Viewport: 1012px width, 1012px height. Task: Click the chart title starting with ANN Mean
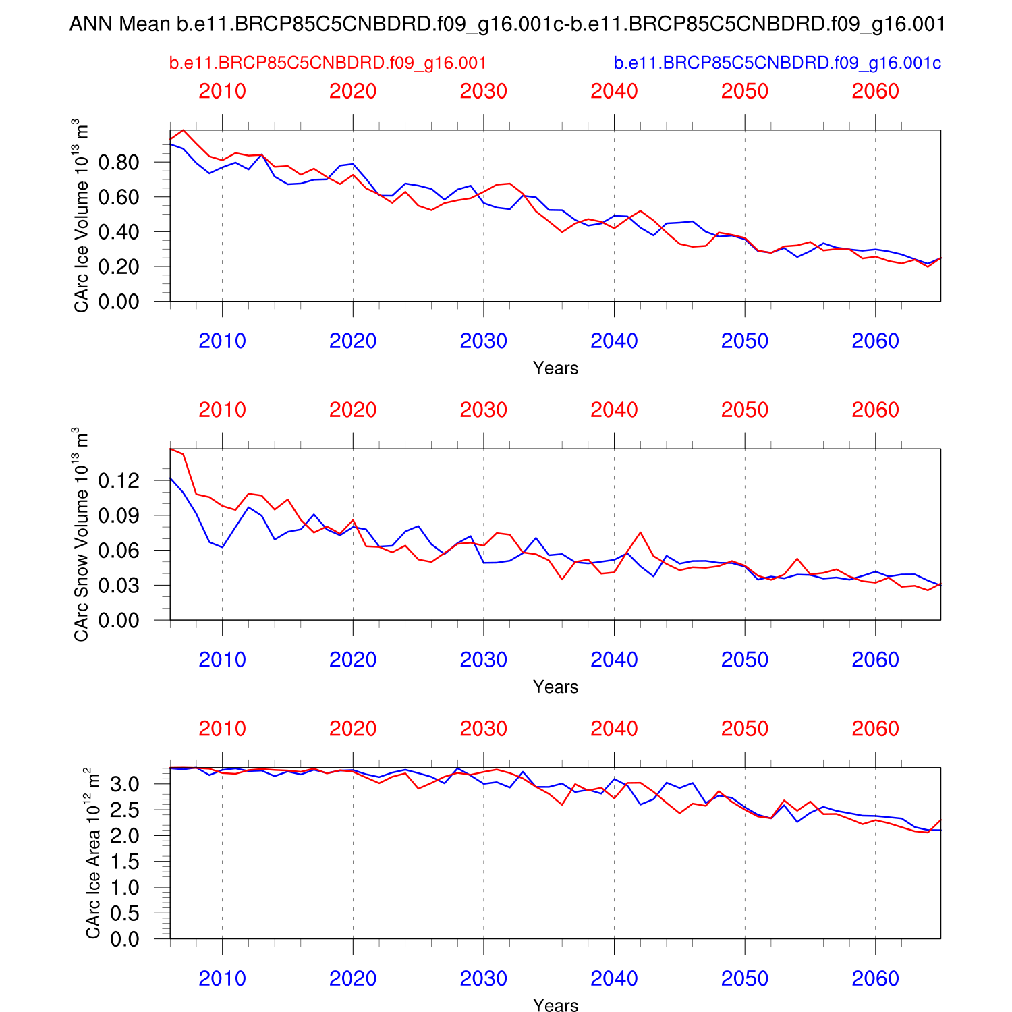tap(506, 25)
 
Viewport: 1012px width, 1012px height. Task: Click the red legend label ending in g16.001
tap(327, 63)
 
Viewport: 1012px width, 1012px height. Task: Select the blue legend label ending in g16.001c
tap(777, 63)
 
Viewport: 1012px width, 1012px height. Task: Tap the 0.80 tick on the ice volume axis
tap(119, 163)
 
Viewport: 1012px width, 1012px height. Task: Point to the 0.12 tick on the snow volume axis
tap(119, 481)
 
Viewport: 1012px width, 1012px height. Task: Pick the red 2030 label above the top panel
tap(483, 91)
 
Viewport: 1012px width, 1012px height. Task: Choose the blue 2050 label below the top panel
tap(745, 341)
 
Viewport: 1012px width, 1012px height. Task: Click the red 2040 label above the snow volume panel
tap(614, 410)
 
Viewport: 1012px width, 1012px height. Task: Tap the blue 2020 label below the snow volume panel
tap(353, 660)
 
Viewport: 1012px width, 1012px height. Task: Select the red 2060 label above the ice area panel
tap(875, 729)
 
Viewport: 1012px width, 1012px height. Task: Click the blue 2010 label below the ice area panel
tap(222, 978)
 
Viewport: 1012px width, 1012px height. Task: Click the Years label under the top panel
tap(555, 368)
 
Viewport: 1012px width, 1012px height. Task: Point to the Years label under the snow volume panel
tap(555, 687)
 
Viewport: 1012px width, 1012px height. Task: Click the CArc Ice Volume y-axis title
tap(81, 216)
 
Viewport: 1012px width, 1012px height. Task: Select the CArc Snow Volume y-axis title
tap(81, 534)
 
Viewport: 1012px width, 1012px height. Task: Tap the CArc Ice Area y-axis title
tap(92, 853)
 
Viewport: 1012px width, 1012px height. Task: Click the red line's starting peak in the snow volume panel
tap(171, 449)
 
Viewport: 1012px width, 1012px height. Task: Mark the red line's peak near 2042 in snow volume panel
tap(640, 532)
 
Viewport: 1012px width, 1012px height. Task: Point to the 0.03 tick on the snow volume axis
tap(119, 586)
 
